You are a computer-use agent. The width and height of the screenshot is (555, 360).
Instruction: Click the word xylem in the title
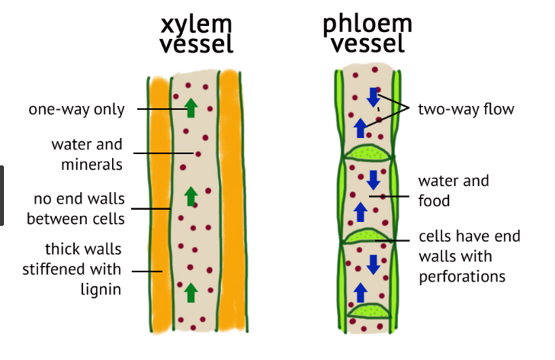(x=197, y=23)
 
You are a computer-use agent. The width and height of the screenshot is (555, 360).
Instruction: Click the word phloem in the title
(x=367, y=23)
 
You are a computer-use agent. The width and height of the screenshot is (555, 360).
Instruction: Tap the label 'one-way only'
(x=76, y=109)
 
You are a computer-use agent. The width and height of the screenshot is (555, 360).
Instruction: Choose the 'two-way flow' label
(x=466, y=109)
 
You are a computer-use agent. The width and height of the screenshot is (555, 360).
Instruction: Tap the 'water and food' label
(x=454, y=191)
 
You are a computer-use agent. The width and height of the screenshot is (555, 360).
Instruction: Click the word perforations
(x=462, y=275)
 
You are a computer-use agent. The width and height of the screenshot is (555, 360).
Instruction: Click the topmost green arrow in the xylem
(x=191, y=107)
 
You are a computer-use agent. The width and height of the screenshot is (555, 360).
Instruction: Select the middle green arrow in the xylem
(x=191, y=197)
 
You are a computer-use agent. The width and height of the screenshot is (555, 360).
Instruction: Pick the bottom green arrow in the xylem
(x=191, y=291)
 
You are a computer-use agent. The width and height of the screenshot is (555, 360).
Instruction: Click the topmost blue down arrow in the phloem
(x=373, y=97)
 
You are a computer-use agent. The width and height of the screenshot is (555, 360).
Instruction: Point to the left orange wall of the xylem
(x=158, y=206)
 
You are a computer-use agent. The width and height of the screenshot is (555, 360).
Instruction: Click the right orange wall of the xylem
(x=229, y=206)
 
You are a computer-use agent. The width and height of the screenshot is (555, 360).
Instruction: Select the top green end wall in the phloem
(x=368, y=153)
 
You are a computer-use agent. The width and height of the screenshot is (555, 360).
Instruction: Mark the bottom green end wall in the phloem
(x=369, y=310)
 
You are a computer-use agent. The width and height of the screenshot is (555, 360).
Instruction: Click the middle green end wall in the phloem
(x=369, y=234)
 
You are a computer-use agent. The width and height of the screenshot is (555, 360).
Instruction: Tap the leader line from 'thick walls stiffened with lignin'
(x=149, y=269)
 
